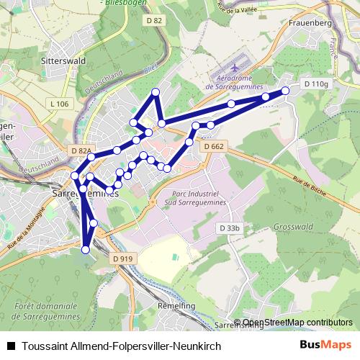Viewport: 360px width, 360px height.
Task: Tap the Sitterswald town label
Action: point(64,61)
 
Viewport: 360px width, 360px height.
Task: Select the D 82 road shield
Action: point(154,20)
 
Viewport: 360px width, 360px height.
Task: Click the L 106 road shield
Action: point(60,104)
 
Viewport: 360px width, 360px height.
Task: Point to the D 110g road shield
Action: point(315,84)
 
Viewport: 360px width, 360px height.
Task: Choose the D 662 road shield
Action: point(214,146)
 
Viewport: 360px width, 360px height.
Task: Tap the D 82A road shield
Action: point(81,150)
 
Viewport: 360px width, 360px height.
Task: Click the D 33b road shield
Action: point(228,228)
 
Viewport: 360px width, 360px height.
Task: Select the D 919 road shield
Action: point(123,258)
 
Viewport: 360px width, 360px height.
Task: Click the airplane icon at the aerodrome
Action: point(237,76)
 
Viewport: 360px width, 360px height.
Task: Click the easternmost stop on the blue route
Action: point(285,91)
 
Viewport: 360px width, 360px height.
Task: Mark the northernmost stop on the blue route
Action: point(155,91)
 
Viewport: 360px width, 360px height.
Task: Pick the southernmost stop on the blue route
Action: point(86,250)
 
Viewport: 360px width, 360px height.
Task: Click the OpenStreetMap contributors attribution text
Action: point(297,323)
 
